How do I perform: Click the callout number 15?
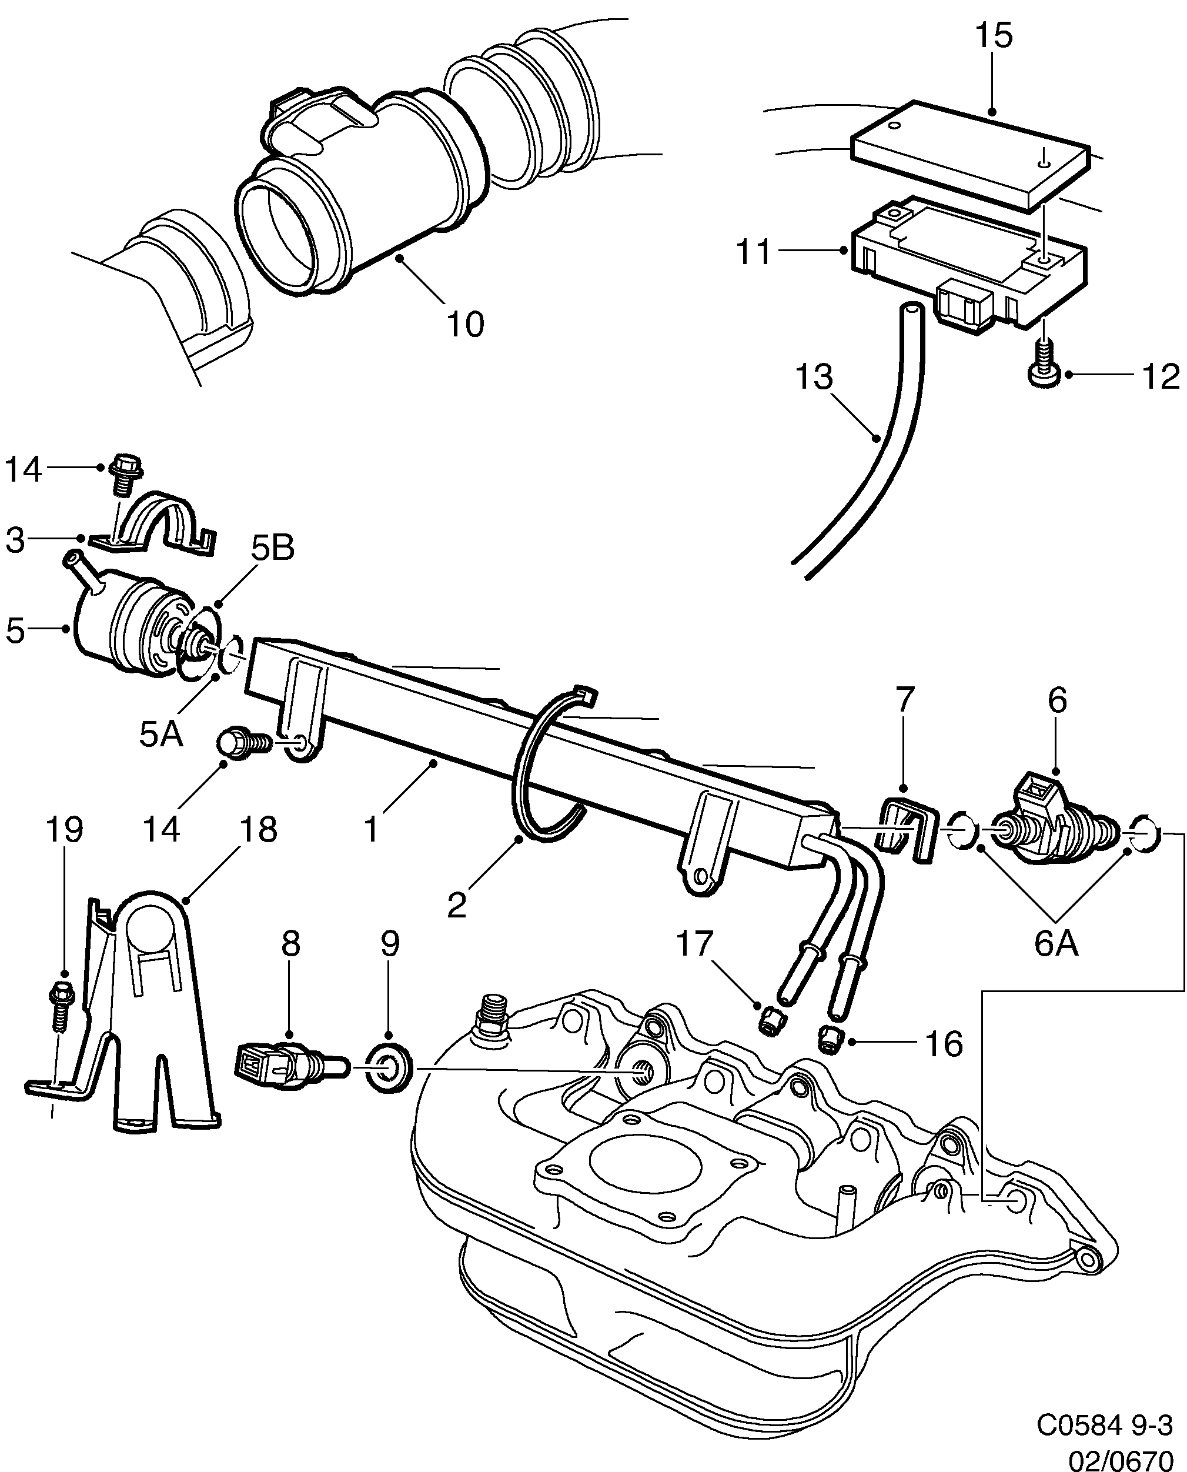(x=994, y=35)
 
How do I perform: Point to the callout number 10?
(x=466, y=323)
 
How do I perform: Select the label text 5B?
(x=272, y=548)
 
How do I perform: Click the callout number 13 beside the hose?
(x=814, y=377)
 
